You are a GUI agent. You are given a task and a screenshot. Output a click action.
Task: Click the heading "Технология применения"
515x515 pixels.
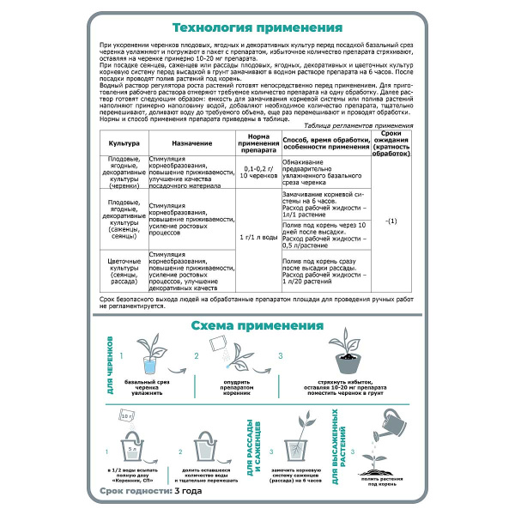coord(257,27)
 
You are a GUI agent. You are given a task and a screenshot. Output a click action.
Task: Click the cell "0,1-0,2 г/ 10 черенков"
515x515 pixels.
coord(258,173)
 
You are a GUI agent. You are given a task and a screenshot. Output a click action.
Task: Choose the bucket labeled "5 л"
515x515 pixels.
coord(130,446)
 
